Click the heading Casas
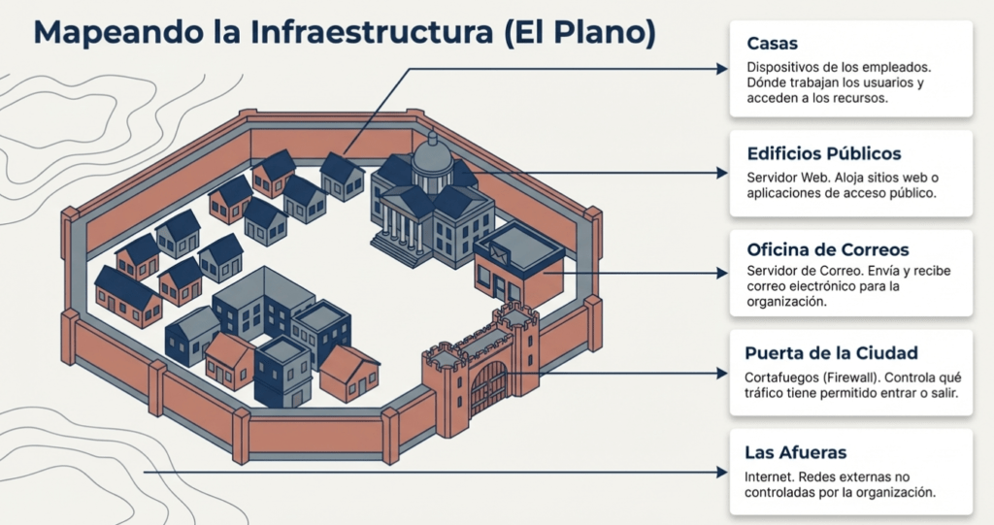tap(773, 44)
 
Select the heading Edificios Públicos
tap(824, 153)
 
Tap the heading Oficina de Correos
tap(827, 249)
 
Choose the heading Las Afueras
tap(795, 451)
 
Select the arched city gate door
tap(489, 387)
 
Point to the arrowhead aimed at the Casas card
tap(721, 69)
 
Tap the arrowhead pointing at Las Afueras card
tap(721, 473)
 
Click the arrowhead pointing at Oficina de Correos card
tap(721, 274)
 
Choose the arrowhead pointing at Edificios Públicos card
tap(721, 173)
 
